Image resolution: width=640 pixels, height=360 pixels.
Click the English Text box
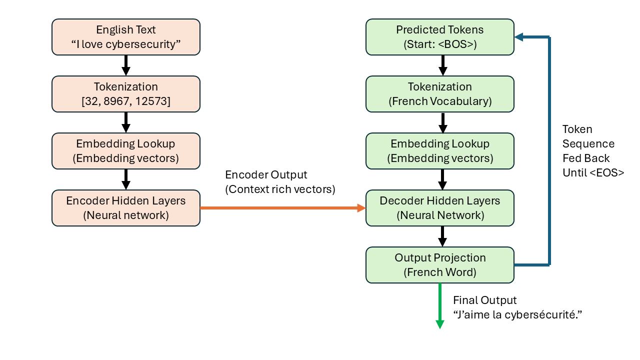click(126, 37)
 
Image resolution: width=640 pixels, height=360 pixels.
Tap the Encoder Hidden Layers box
click(126, 208)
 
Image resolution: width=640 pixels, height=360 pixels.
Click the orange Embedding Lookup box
click(126, 151)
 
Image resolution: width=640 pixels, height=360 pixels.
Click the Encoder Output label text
click(266, 175)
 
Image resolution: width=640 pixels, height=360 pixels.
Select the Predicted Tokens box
click(440, 37)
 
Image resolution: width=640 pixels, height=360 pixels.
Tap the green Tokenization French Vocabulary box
click(440, 94)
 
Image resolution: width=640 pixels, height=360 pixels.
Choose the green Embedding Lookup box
click(440, 151)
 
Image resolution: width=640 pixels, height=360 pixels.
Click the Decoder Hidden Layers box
click(440, 208)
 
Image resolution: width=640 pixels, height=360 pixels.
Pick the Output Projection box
click(440, 265)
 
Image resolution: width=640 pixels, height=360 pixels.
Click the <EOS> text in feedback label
click(607, 173)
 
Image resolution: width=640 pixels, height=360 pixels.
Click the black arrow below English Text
click(126, 65)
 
